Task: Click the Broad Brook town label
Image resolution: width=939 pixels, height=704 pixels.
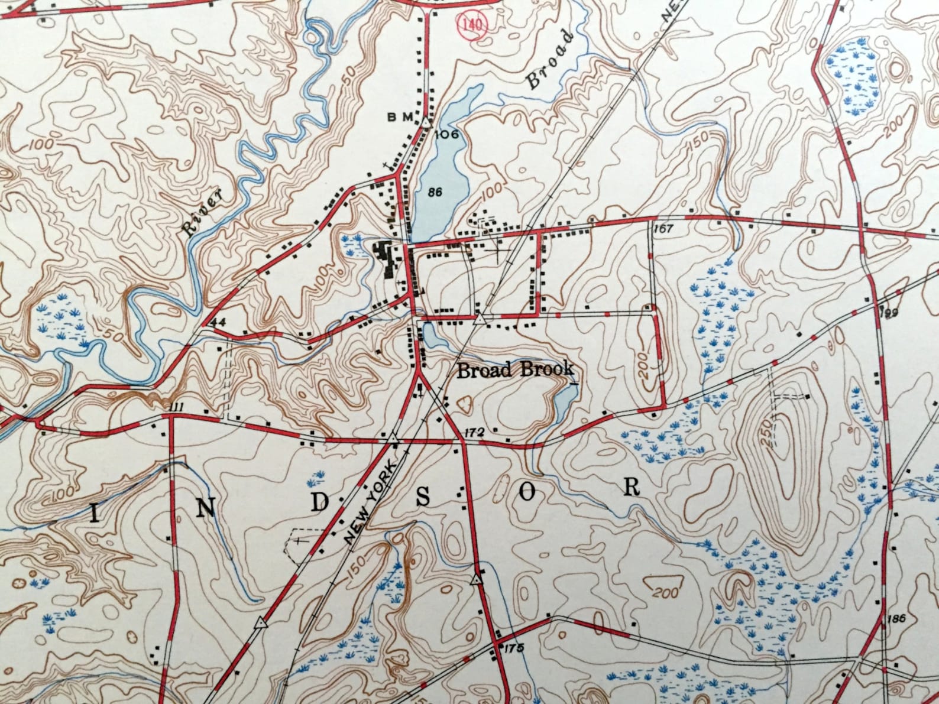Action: (515, 370)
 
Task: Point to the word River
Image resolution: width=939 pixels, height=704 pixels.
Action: (202, 212)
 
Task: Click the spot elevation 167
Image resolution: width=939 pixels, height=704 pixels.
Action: (664, 229)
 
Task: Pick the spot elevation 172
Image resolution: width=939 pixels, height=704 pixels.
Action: (475, 433)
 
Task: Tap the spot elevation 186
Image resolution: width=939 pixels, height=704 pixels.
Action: (896, 619)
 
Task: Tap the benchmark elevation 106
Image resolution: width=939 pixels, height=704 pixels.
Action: (446, 135)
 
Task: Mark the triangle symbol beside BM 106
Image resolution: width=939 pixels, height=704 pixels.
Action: (426, 122)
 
